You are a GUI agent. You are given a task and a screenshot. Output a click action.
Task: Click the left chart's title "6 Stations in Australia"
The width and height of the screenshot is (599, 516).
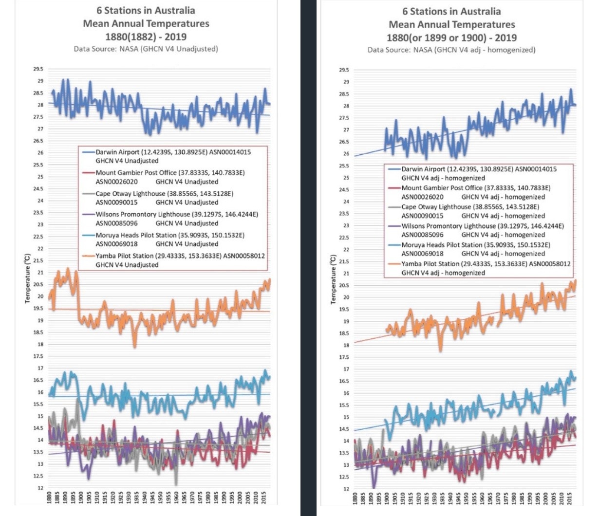(x=146, y=10)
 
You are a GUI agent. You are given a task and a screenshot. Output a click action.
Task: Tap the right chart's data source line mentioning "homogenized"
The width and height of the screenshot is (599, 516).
(x=451, y=50)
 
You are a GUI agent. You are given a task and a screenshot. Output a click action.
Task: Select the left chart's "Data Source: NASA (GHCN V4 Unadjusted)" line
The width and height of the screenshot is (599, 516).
(x=146, y=49)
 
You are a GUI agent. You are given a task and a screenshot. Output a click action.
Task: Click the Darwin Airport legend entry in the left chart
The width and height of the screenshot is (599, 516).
(x=173, y=152)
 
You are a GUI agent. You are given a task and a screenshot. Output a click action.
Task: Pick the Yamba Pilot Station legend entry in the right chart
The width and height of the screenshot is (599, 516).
(x=486, y=264)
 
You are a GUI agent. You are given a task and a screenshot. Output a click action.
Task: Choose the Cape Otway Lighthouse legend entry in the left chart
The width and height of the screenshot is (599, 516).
(x=164, y=194)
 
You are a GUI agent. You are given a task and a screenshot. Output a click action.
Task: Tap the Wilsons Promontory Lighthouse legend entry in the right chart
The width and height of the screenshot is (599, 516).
(x=482, y=226)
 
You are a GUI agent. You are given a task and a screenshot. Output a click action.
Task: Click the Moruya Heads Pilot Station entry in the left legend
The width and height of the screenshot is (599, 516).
(x=169, y=235)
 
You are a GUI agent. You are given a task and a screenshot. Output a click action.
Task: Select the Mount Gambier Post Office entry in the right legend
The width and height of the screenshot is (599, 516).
(x=476, y=188)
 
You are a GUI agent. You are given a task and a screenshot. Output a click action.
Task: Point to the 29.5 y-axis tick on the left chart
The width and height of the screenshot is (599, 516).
(x=38, y=69)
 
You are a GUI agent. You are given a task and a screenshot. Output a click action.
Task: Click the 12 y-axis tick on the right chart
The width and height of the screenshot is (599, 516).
(x=346, y=489)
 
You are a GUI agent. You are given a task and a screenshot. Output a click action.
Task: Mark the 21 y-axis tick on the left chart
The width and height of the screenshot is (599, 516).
(x=40, y=273)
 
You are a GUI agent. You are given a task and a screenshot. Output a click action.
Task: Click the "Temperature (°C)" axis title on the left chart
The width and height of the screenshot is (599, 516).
(x=27, y=278)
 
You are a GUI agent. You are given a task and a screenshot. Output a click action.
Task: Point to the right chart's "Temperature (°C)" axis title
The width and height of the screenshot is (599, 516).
(x=333, y=279)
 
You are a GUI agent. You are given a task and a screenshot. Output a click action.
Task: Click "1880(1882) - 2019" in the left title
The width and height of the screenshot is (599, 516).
(x=146, y=37)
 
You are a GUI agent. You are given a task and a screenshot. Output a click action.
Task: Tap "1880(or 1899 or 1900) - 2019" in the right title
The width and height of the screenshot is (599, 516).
(x=451, y=37)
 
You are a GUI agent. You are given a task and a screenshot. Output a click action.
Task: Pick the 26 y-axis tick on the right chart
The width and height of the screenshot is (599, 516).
(x=346, y=154)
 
